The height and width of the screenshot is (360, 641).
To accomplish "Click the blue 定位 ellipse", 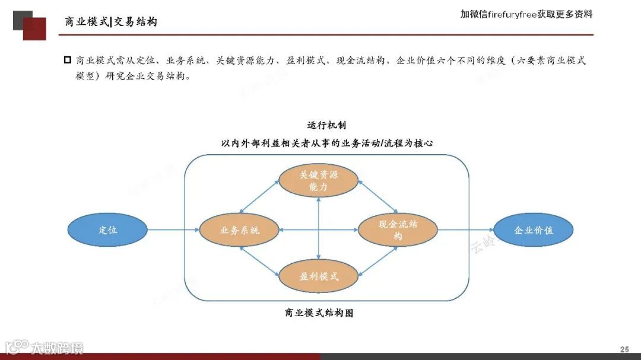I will coord(107,230).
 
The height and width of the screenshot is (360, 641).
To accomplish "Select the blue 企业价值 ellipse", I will coord(534,230).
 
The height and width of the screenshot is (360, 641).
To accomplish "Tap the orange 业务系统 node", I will coord(239,230).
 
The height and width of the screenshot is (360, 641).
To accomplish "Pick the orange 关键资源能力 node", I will coord(319,180).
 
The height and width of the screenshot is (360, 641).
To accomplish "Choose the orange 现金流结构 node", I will coord(398,230).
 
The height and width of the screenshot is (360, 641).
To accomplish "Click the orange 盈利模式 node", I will coord(319,276).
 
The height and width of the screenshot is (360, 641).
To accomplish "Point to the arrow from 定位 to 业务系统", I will coord(173,230).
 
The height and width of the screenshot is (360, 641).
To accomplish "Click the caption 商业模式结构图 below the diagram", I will coord(319,313).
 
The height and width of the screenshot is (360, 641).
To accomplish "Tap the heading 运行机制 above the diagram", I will coord(326,125).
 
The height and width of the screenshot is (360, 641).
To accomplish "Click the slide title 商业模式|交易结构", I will coord(111,22).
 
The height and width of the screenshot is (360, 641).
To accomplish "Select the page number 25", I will coord(624,349).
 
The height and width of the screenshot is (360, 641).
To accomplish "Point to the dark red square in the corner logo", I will coord(35,29).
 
